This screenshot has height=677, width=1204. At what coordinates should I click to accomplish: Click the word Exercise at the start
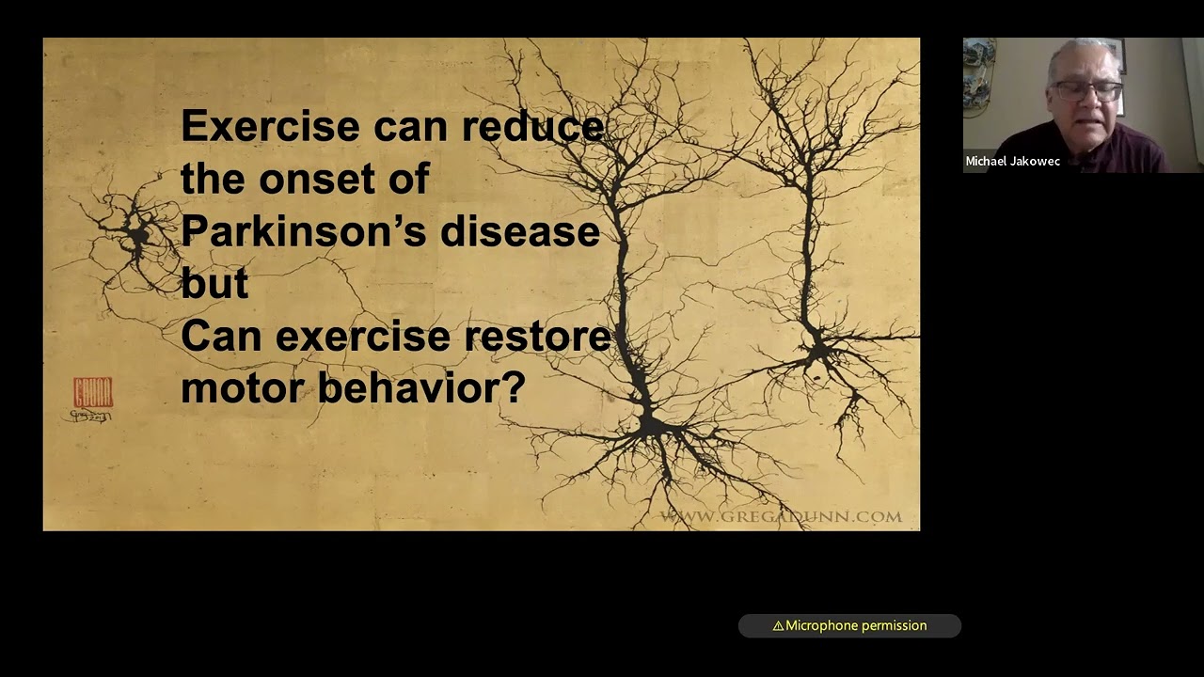(270, 126)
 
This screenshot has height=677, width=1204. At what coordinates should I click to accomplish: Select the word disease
(519, 231)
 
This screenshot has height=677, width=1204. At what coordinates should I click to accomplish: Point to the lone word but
(214, 284)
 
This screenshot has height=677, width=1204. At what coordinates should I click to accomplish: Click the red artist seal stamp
(92, 392)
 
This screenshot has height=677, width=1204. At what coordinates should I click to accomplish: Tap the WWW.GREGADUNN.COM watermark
(781, 516)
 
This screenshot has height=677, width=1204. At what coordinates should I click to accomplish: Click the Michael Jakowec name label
(1012, 162)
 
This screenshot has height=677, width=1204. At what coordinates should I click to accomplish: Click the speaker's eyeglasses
(1088, 91)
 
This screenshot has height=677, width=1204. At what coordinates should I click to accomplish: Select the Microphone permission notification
(849, 625)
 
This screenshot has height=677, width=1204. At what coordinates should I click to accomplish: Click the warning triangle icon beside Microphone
(778, 625)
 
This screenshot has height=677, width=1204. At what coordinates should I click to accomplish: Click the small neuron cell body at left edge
(138, 235)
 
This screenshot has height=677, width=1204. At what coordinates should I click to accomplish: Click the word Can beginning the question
(214, 337)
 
